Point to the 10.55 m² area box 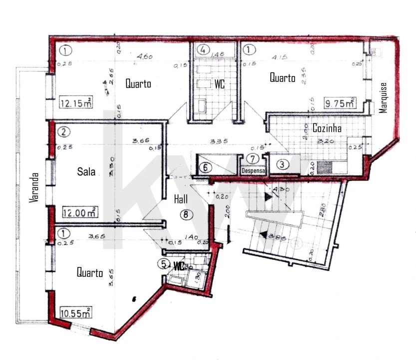[x=75, y=313]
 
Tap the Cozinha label [x=327, y=128]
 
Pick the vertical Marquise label [x=384, y=97]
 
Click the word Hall [x=181, y=199]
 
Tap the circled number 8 [x=186, y=215]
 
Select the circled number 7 [x=254, y=159]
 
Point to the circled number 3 [x=283, y=163]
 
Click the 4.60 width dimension [x=145, y=57]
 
